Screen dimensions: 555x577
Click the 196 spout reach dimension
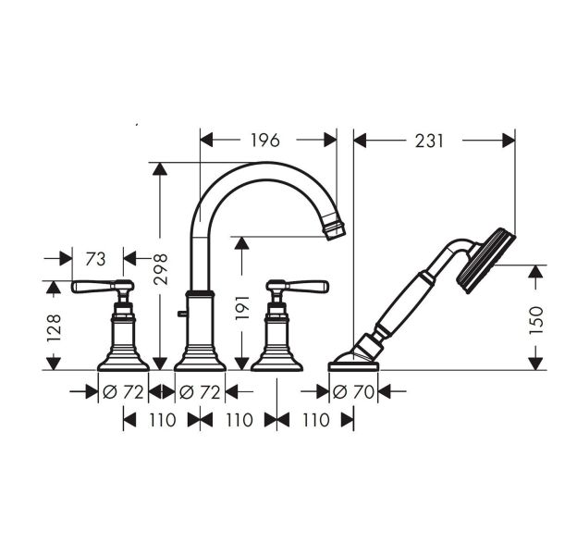[265, 140]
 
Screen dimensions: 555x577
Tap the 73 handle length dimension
[96, 257]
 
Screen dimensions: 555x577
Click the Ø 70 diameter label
[354, 392]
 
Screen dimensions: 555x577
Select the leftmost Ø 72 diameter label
[123, 392]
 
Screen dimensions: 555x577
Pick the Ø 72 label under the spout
[201, 392]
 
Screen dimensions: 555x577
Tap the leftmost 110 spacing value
[162, 420]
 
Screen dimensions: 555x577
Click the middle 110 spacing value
[239, 420]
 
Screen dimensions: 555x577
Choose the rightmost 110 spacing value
[315, 420]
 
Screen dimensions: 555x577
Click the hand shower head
[488, 259]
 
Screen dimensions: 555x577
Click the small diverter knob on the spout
[183, 316]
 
